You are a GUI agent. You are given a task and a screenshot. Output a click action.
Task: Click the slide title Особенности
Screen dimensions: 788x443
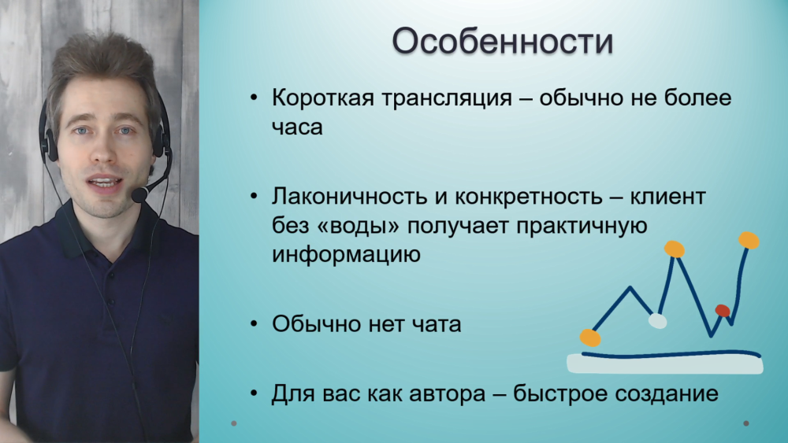tap(503, 41)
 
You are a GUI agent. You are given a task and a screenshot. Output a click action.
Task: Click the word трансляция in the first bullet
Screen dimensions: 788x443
tap(447, 98)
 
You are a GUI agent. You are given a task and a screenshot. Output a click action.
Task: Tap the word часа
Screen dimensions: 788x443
tap(297, 127)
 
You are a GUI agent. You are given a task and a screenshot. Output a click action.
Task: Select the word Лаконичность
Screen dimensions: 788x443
tap(349, 196)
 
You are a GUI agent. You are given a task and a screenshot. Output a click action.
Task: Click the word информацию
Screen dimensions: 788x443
tap(346, 255)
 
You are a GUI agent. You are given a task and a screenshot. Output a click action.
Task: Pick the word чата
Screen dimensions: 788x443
tap(437, 324)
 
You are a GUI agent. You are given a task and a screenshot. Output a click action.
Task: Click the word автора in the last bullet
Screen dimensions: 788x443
tap(448, 394)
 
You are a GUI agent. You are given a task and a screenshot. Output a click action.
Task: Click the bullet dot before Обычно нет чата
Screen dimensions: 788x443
tap(254, 325)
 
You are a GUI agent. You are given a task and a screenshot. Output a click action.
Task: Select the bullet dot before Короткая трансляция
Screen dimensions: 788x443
tap(254, 98)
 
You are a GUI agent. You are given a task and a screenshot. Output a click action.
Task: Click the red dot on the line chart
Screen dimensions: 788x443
tap(723, 311)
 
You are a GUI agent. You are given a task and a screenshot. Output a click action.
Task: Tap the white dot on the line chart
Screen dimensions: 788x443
tap(657, 320)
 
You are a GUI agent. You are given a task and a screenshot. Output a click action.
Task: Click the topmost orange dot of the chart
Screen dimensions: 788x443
tap(749, 240)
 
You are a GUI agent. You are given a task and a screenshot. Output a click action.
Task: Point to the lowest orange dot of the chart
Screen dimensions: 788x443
tap(590, 338)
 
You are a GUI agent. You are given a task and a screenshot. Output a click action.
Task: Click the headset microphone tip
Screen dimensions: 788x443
tap(139, 194)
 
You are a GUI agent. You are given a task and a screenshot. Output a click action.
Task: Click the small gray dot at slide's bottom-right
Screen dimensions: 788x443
tap(745, 423)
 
